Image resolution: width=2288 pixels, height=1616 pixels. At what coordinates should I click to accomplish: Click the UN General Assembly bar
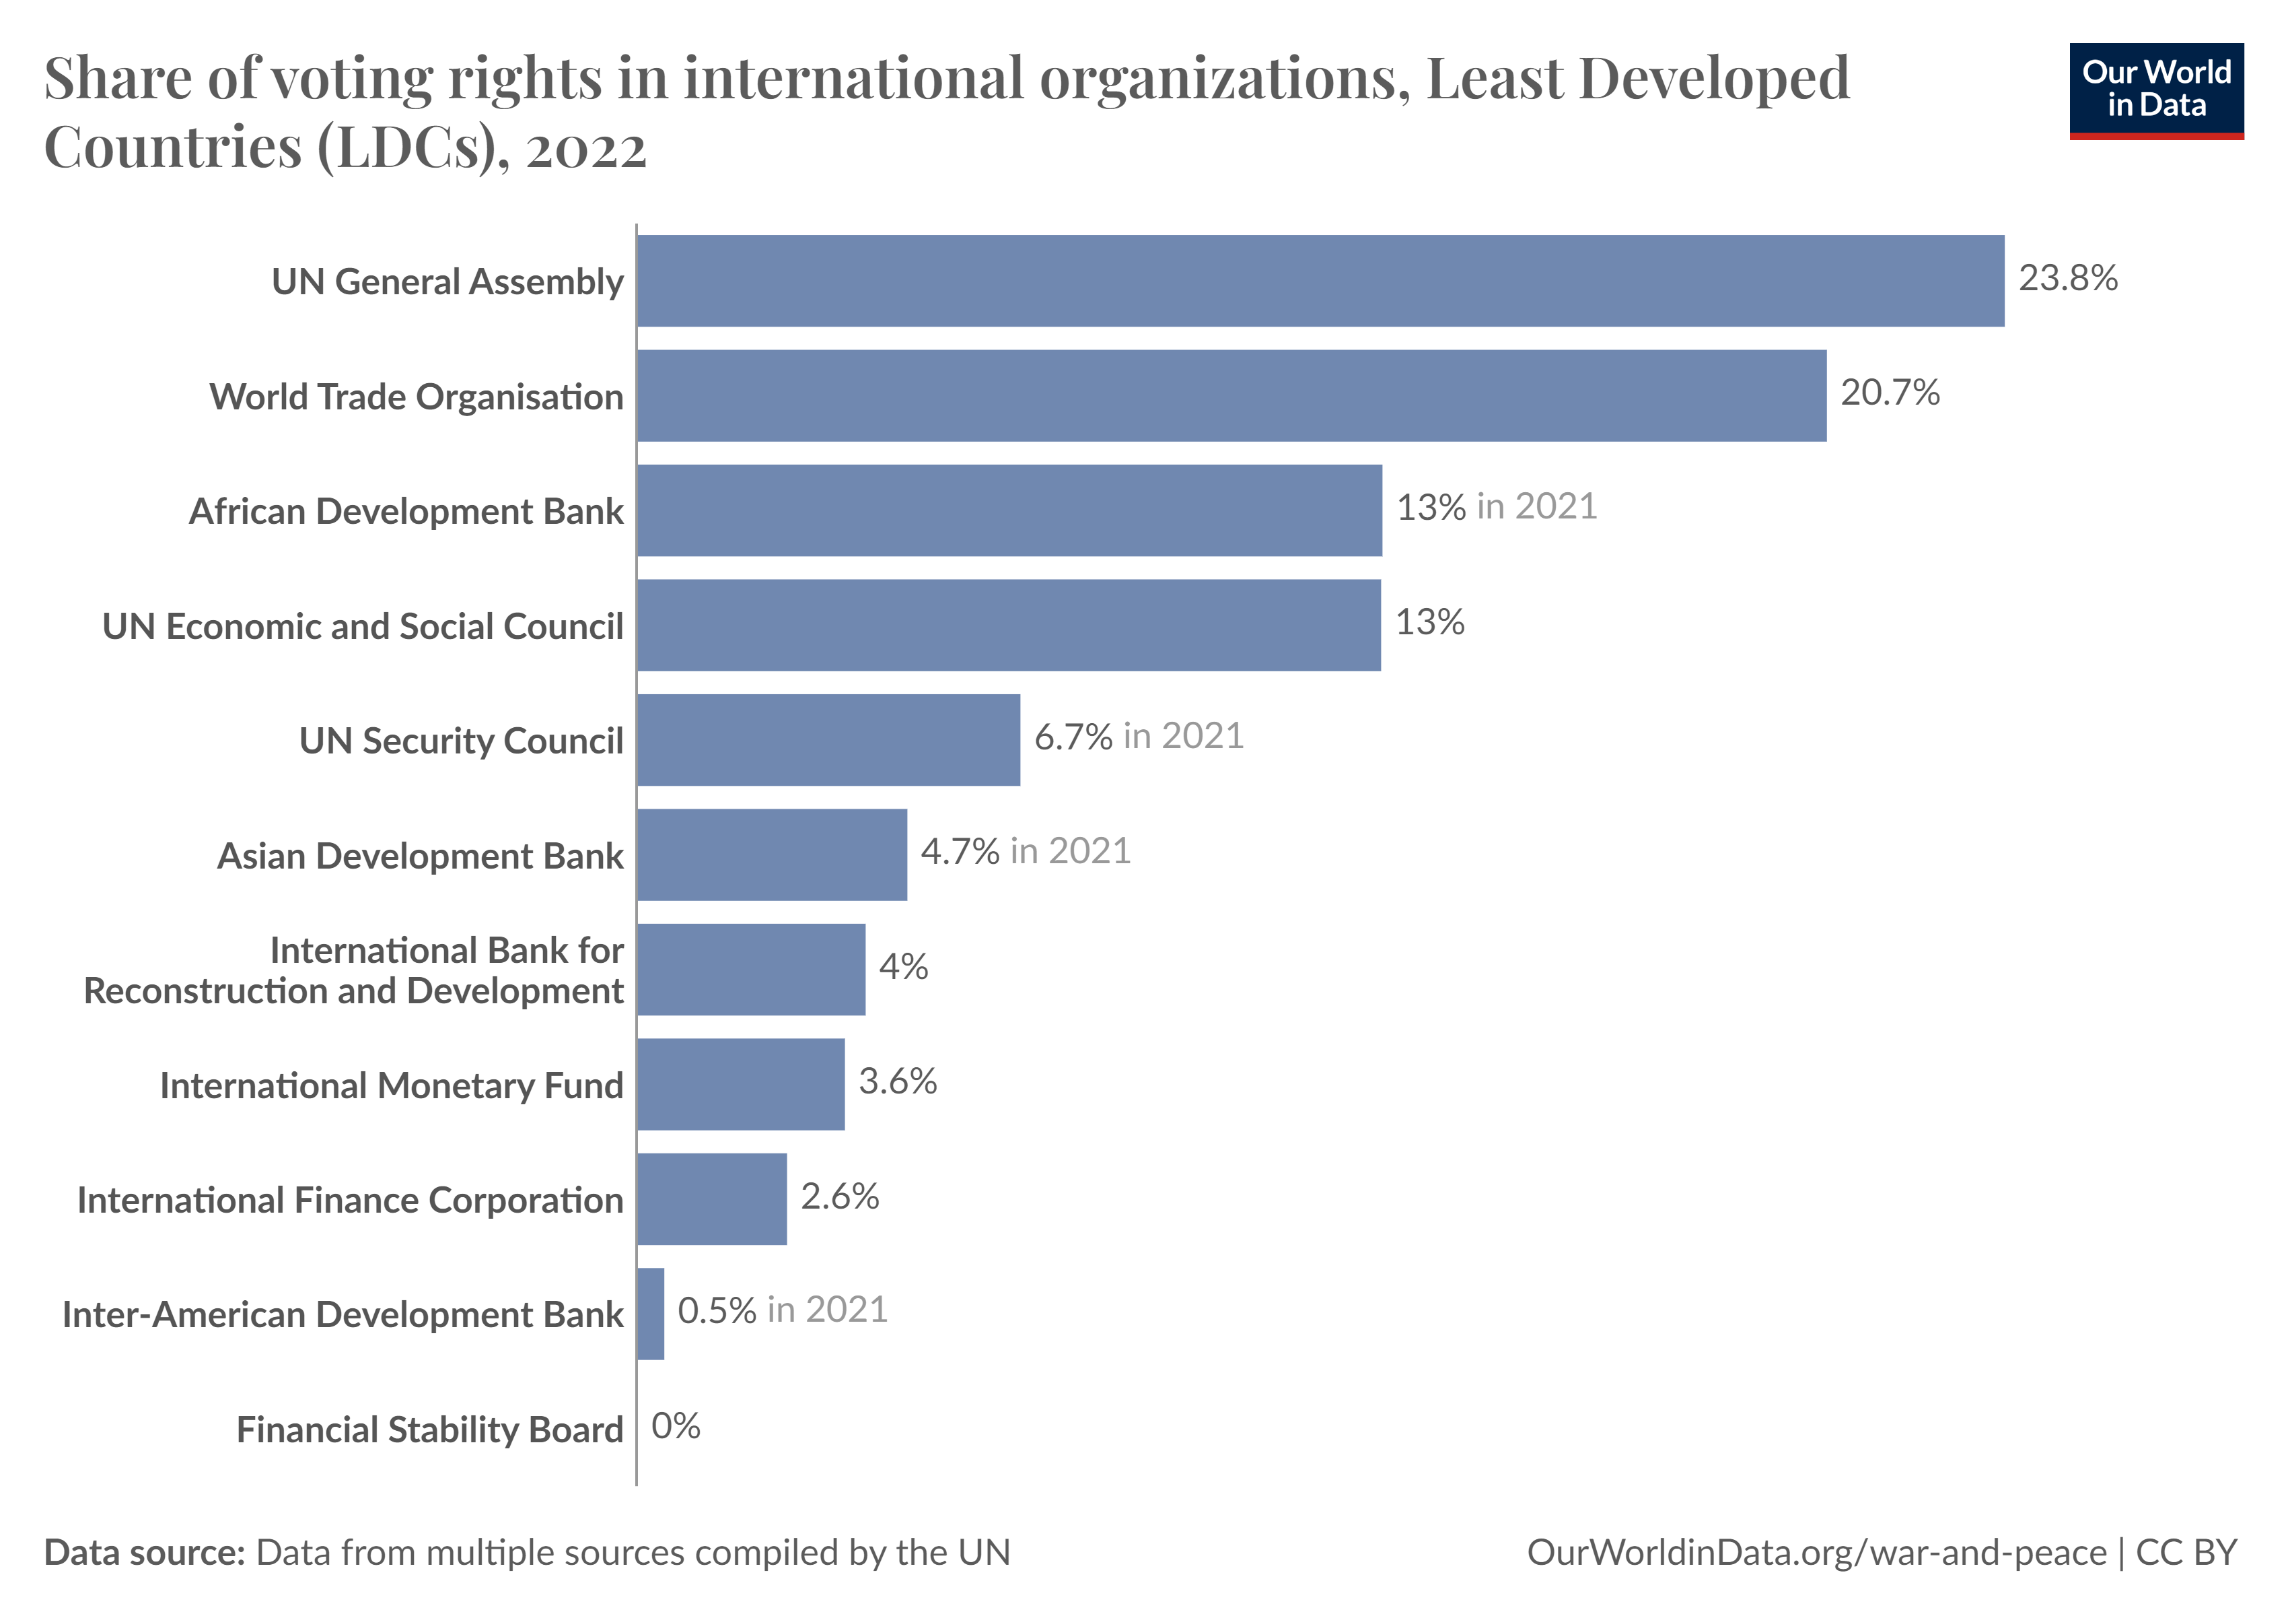tap(1320, 281)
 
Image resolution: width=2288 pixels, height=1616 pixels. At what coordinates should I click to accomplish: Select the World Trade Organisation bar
tap(1231, 396)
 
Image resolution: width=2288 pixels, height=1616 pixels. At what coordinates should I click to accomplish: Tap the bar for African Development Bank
tap(1009, 510)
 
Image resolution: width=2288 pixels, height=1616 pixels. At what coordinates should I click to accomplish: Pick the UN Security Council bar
tap(828, 740)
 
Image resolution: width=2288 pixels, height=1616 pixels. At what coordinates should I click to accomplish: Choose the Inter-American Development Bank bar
tap(651, 1314)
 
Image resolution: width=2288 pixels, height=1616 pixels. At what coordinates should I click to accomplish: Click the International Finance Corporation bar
tap(711, 1199)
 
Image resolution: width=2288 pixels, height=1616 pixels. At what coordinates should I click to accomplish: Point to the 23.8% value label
tap(2068, 278)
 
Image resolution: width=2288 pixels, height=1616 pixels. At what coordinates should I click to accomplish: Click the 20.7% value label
tap(1890, 393)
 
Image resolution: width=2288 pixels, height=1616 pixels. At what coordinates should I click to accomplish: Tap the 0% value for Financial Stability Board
tap(676, 1427)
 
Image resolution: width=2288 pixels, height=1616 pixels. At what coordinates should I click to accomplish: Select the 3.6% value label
tap(897, 1081)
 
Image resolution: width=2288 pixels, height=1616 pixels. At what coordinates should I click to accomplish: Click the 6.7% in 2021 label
tap(1138, 737)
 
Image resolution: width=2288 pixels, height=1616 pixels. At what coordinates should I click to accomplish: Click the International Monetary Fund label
tap(390, 1085)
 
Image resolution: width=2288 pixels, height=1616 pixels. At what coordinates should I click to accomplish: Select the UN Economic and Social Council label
tap(363, 627)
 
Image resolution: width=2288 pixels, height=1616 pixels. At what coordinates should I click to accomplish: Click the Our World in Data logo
tap(2155, 90)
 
